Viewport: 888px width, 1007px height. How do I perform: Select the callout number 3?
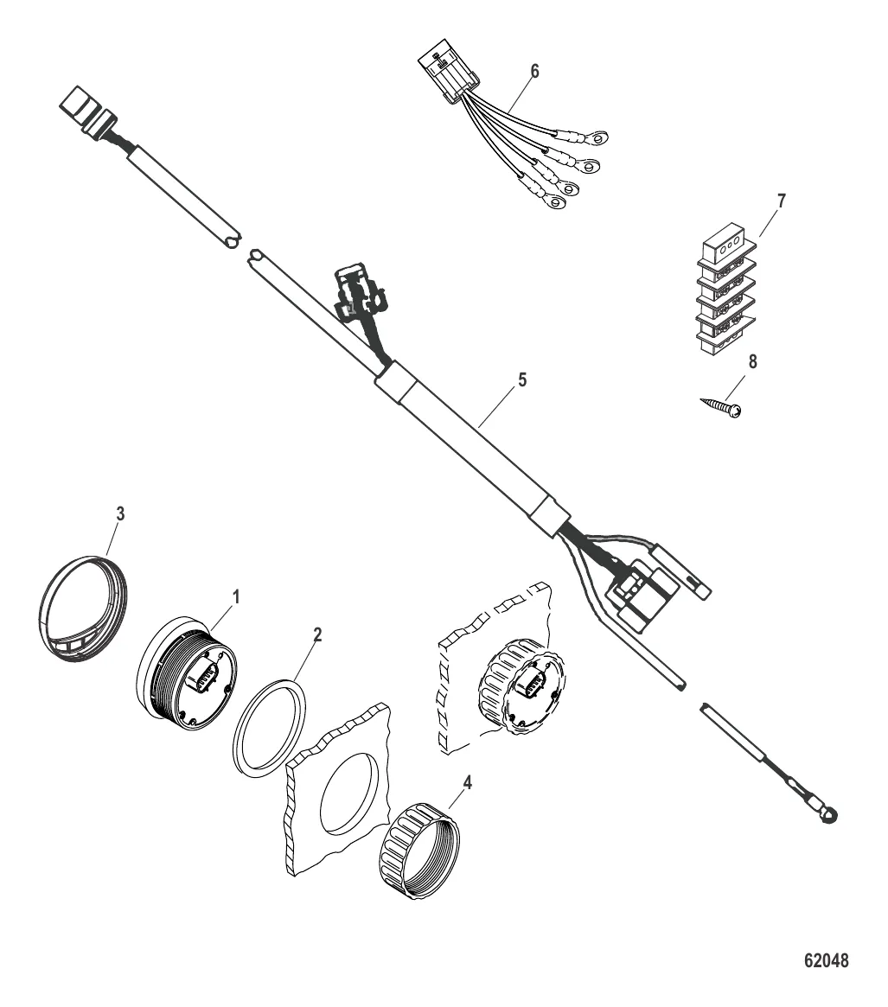tap(120, 513)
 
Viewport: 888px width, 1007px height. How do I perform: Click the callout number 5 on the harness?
tap(521, 380)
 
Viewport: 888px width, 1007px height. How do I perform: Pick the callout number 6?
tap(533, 71)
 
